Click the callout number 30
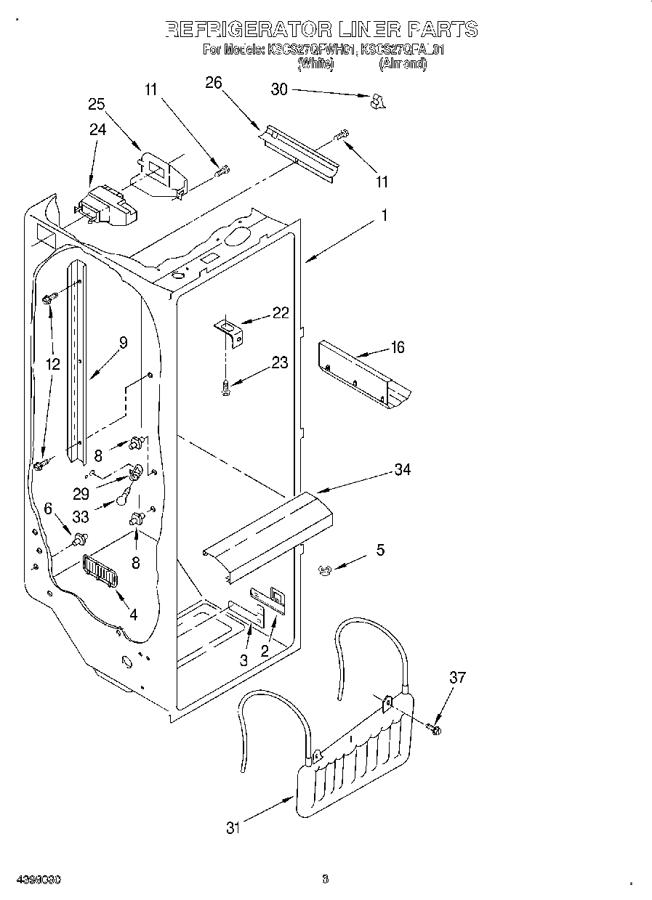[x=279, y=89]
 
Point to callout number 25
[x=97, y=104]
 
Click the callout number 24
[x=97, y=129]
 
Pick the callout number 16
[x=397, y=347]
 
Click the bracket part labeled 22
[x=229, y=333]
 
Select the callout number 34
[x=402, y=469]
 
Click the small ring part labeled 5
[x=325, y=570]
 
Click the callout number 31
[x=233, y=828]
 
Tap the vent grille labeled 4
[x=100, y=569]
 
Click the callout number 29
[x=81, y=493]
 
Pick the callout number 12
[x=52, y=364]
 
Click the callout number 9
[x=123, y=343]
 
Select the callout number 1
[x=385, y=216]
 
